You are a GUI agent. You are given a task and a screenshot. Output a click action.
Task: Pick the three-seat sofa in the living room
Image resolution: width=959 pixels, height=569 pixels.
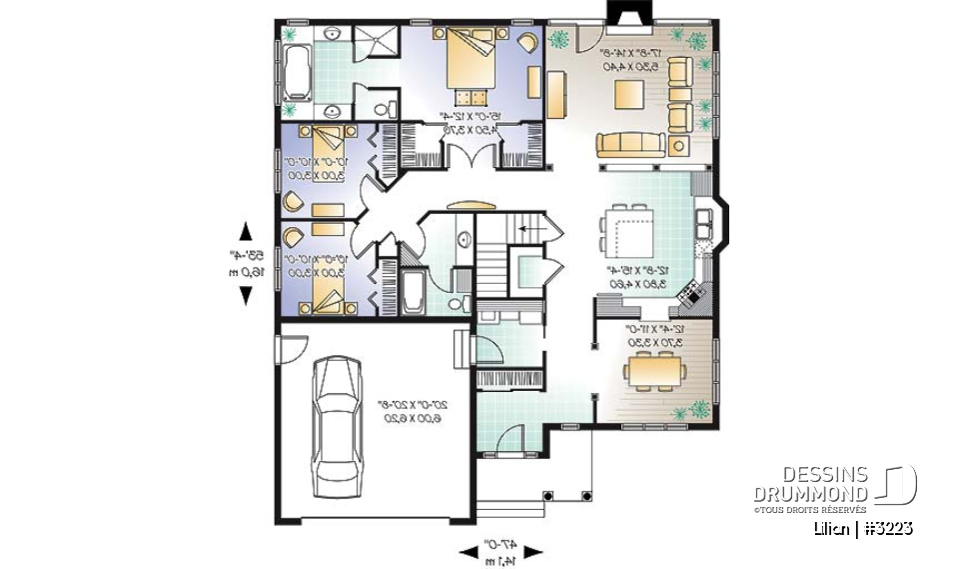click(628, 144)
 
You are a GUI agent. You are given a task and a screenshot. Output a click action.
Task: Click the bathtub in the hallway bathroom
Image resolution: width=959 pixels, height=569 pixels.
click(411, 289)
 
